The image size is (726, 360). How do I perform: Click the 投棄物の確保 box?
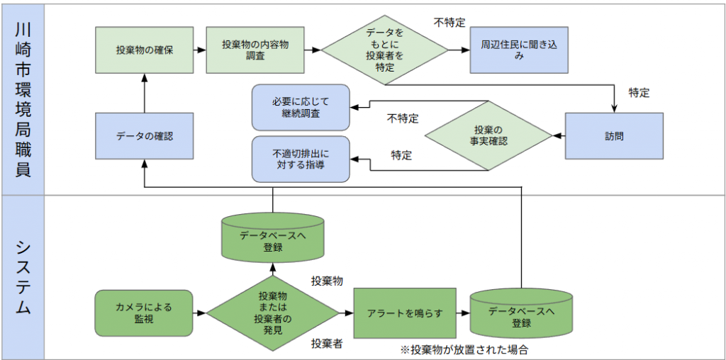coord(145,50)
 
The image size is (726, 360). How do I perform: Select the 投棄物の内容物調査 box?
coord(255,50)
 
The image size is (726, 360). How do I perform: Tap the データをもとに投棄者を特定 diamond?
coord(385,50)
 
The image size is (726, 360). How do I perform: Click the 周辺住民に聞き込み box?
coord(520,50)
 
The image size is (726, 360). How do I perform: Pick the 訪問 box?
coord(614,135)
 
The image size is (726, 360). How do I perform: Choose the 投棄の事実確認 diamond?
coord(488,135)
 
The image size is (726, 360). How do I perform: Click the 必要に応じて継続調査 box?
coord(301,107)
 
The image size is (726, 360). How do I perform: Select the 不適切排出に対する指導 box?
coord(301,158)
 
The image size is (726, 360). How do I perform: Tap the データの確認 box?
coord(145,135)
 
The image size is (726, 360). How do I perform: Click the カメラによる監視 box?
coord(144,313)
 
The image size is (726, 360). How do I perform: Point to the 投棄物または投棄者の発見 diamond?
coord(273,313)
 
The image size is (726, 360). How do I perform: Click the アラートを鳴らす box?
coord(404,313)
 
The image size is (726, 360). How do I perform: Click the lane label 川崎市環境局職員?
coord(23,99)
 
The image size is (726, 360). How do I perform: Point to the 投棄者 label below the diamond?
coord(327,344)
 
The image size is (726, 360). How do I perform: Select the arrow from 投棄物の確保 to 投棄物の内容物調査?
coord(200,50)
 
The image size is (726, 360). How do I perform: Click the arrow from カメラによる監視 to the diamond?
coord(200,313)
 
